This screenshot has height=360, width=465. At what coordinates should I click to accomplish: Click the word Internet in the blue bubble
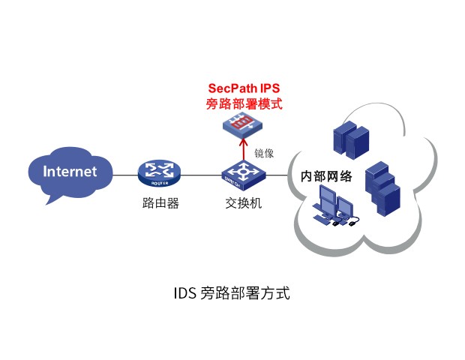click(x=70, y=171)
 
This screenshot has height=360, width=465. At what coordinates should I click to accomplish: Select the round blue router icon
click(x=159, y=175)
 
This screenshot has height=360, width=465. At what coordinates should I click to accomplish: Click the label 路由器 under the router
click(x=160, y=203)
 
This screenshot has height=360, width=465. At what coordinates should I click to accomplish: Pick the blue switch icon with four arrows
click(x=241, y=175)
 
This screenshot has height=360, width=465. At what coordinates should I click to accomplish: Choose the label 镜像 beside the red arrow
click(x=264, y=152)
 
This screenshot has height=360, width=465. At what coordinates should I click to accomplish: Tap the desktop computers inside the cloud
click(x=336, y=205)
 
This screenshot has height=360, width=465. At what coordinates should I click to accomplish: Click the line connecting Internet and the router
click(x=125, y=175)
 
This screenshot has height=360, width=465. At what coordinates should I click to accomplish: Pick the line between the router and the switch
click(x=201, y=175)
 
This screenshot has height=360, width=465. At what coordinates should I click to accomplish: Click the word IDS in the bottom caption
click(x=185, y=292)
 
